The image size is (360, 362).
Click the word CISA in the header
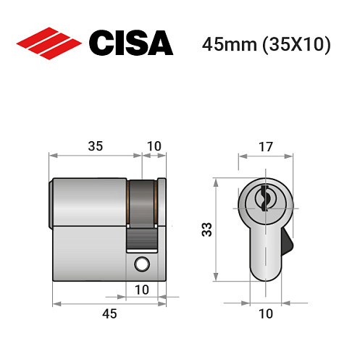tap(130, 43)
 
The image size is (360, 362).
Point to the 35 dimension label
tap(95, 146)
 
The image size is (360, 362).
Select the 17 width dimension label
tap(266, 146)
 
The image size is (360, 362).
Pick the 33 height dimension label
tap(206, 230)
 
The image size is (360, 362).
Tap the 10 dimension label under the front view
tap(266, 313)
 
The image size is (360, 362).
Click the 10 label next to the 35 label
tap(154, 146)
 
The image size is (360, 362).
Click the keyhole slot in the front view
tap(265, 197)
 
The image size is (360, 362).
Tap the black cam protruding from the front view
tap(288, 241)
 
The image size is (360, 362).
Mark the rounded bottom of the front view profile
tap(265, 274)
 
